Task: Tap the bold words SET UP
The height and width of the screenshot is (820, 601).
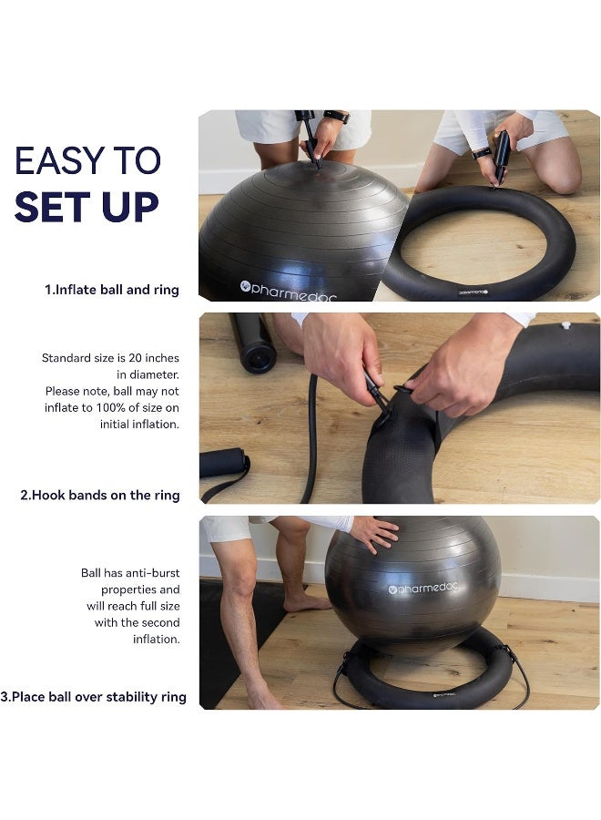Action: click(87, 207)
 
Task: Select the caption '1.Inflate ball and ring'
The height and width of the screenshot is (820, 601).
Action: click(112, 290)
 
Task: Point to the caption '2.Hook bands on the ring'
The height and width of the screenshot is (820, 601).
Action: click(100, 496)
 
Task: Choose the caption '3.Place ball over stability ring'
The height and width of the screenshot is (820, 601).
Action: click(93, 697)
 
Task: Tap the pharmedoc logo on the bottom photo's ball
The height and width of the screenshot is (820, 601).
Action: click(423, 588)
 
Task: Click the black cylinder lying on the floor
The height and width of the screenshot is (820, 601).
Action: click(252, 343)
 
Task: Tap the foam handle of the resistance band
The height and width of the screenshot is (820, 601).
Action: click(223, 462)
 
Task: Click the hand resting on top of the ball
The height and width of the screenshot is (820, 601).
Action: click(374, 531)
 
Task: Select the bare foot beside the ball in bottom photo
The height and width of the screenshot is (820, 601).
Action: click(306, 601)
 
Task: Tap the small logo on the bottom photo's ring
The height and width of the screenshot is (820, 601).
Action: click(445, 697)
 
